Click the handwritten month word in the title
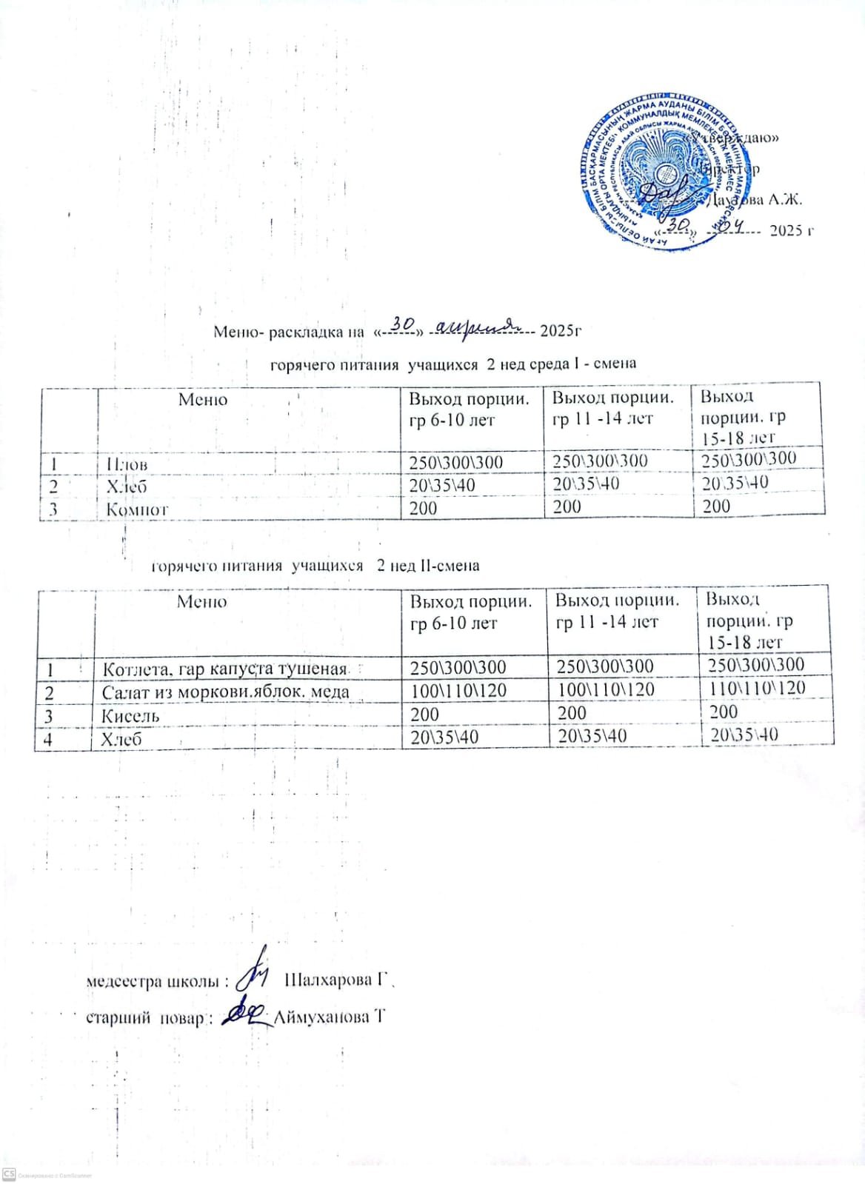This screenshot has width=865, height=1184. (x=478, y=326)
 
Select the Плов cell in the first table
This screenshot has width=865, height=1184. (x=127, y=464)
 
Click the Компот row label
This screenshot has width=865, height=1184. (x=137, y=509)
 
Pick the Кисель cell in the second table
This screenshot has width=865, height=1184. (x=130, y=716)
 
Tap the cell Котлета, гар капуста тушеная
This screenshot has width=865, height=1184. (x=224, y=669)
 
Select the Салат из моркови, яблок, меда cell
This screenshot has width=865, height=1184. (x=225, y=692)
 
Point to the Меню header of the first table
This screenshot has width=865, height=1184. (x=202, y=400)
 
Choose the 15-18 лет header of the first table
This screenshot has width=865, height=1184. (x=738, y=438)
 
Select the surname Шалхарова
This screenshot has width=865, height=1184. (x=329, y=980)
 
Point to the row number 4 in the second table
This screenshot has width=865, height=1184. (x=49, y=739)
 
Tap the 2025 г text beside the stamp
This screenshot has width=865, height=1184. (x=791, y=230)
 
